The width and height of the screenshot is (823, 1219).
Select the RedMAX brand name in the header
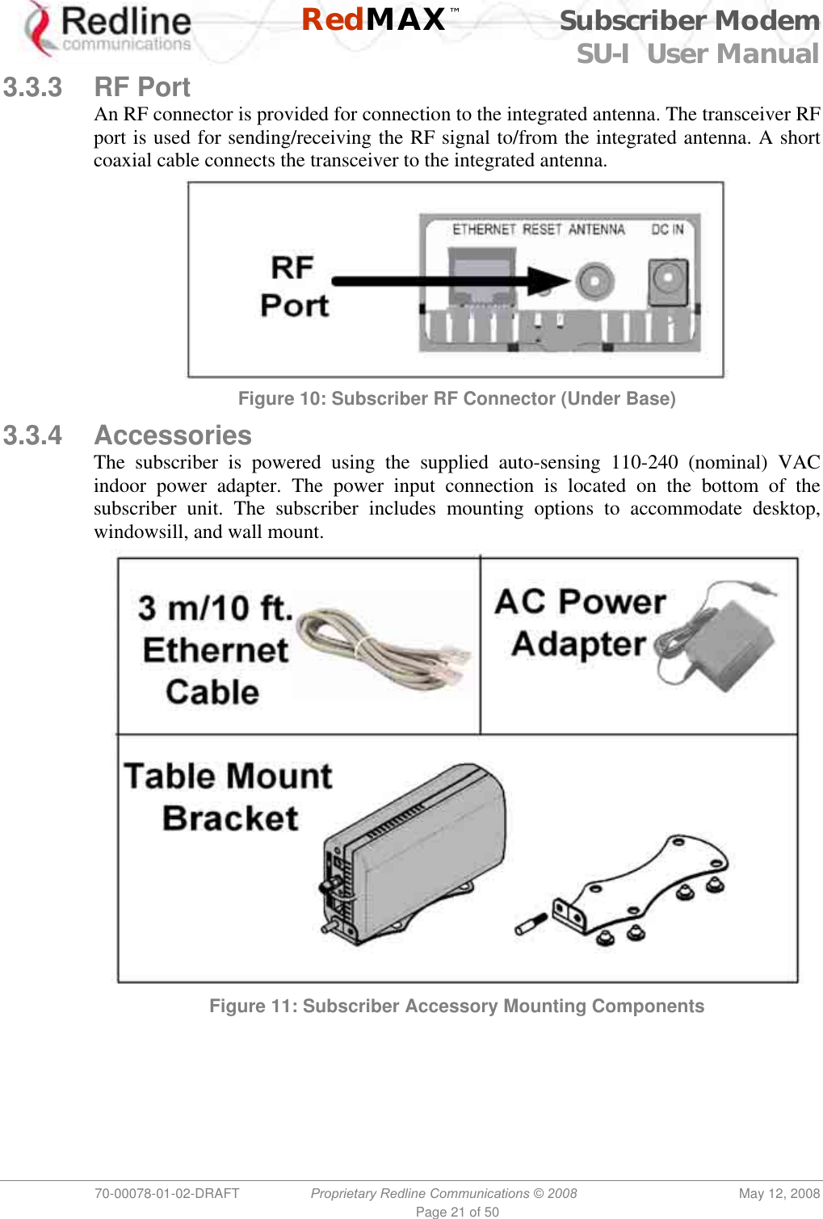pyautogui.click(x=373, y=19)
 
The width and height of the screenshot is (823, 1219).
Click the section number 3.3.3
pyautogui.click(x=32, y=87)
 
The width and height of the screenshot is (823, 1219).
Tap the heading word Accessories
pyautogui.click(x=173, y=435)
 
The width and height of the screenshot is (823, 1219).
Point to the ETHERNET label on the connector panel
pyautogui.click(x=483, y=229)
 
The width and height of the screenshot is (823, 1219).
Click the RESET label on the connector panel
pyautogui.click(x=541, y=229)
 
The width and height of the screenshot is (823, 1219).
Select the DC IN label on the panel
pyautogui.click(x=667, y=229)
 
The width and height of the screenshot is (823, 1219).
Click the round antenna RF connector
pyautogui.click(x=594, y=281)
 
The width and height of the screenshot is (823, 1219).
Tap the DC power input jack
pyautogui.click(x=668, y=281)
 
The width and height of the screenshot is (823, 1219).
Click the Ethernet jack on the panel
pyautogui.click(x=482, y=279)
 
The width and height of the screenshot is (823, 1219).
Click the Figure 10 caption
pyautogui.click(x=456, y=399)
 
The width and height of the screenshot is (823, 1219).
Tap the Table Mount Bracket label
pyautogui.click(x=228, y=797)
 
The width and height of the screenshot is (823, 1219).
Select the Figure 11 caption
pyautogui.click(x=456, y=1007)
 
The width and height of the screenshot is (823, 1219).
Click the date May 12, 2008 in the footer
pyautogui.click(x=779, y=1193)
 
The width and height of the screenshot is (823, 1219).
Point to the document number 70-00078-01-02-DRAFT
pyautogui.click(x=167, y=1193)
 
